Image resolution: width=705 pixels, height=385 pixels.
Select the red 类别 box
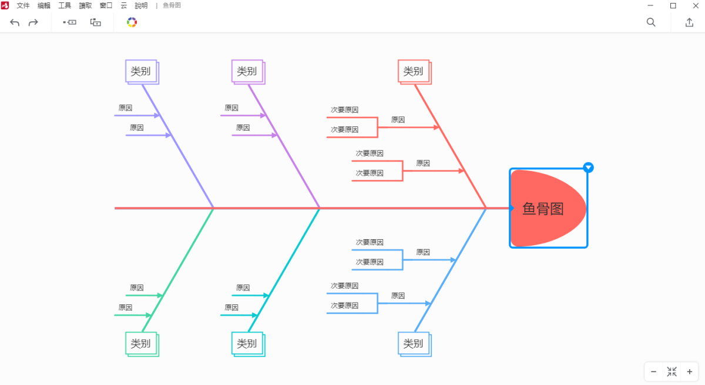(413, 72)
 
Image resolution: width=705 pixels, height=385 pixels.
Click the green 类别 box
(141, 343)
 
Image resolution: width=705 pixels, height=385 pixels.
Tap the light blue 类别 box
(414, 343)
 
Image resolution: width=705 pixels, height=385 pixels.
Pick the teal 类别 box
(247, 343)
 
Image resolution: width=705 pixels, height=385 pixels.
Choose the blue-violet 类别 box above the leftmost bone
(141, 72)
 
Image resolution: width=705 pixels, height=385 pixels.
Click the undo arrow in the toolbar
(15, 22)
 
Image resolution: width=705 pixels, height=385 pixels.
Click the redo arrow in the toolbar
(33, 22)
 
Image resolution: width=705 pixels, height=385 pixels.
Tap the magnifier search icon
(651, 22)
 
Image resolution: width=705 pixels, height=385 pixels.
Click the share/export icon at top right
(689, 22)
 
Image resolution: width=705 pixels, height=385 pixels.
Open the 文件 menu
(23, 5)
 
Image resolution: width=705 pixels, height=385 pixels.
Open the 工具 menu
(65, 5)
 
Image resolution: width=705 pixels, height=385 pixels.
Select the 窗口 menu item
(106, 5)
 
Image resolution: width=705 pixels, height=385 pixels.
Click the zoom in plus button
(690, 371)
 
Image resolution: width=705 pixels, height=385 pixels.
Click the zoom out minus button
(654, 371)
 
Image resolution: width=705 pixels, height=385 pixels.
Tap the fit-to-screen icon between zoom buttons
(672, 371)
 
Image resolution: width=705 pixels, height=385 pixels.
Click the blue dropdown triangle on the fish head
(588, 168)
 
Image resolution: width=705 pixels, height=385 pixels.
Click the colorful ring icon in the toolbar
(132, 22)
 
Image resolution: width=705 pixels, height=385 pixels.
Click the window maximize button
(673, 5)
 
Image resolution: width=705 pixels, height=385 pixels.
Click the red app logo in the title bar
(5, 5)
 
